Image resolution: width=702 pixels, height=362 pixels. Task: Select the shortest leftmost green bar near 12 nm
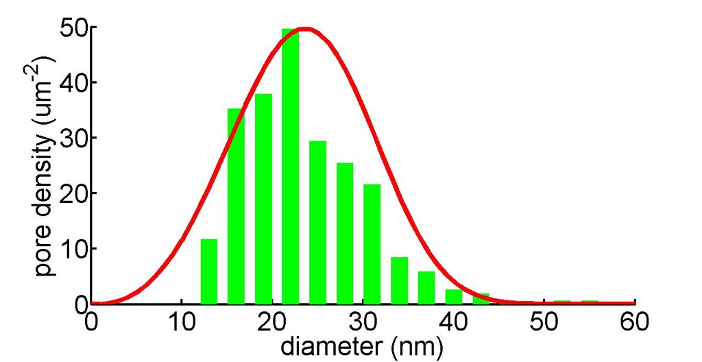208,272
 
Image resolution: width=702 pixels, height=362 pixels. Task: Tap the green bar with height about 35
236,206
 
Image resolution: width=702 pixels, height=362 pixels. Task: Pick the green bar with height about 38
263,199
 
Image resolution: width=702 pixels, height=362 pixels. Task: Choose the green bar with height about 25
345,233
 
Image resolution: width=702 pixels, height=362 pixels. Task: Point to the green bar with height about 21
372,244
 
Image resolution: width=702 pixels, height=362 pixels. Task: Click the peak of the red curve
306,29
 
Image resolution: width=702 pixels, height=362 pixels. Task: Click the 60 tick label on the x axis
635,319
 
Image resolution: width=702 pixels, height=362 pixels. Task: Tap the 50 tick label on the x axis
544,319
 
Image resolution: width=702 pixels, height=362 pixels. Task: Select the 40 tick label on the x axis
453,319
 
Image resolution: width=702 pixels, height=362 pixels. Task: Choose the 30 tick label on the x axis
363,319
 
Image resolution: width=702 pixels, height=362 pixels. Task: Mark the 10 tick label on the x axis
181,319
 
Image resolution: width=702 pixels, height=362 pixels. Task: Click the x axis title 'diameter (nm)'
361,346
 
